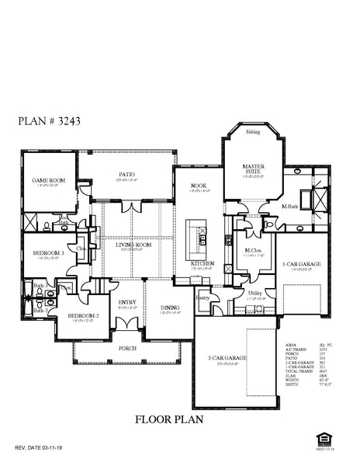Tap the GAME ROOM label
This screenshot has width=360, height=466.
47,180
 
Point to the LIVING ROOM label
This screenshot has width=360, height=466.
133,245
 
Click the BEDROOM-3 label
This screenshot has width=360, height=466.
44,253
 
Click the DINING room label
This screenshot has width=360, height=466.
169,308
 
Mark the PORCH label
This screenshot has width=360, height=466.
127,349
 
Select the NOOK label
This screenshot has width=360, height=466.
198,186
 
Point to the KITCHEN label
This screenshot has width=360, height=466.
202,263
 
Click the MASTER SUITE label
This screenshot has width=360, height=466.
253,169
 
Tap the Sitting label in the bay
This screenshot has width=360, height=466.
253,133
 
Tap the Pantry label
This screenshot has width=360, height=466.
203,297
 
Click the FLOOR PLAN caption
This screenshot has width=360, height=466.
169,419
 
